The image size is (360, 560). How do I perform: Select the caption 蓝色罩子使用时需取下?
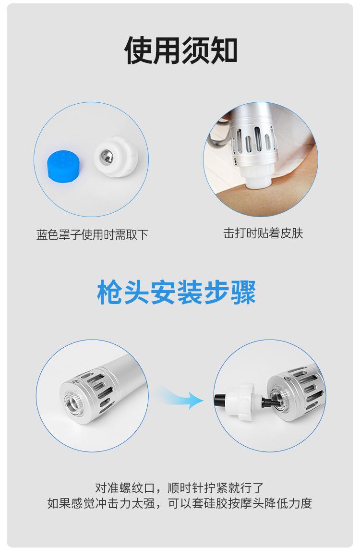coord(92,235)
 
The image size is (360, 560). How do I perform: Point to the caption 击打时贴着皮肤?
coord(263,233)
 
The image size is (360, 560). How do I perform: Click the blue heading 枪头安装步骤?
coord(176,292)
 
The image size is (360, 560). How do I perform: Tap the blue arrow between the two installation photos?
coord(181,397)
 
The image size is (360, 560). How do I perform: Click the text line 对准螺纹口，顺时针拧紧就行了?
coord(180,487)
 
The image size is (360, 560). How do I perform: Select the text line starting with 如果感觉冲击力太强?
coord(180,503)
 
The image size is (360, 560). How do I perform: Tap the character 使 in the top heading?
coord(138,50)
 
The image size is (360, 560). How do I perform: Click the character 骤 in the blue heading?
coord(243,292)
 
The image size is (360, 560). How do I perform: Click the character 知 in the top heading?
coord(224,50)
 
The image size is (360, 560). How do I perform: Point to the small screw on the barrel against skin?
coord(235,161)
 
